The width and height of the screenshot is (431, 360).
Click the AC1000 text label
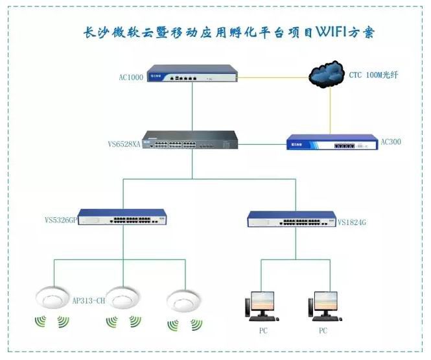[x=131, y=77]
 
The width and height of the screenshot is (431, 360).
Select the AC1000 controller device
[x=192, y=73]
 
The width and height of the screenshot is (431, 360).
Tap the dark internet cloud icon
[x=327, y=74]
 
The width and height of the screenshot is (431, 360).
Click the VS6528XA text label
[x=124, y=144]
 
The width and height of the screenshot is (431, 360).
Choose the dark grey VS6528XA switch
[x=190, y=139]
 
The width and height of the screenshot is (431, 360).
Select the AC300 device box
[x=332, y=142]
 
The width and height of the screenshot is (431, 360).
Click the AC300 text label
[x=391, y=142]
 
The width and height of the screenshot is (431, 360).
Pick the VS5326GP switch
[x=122, y=217]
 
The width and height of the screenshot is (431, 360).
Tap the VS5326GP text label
[x=61, y=220]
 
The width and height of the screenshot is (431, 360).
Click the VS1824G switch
[x=292, y=219]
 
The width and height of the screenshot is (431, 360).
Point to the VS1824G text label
[x=352, y=222]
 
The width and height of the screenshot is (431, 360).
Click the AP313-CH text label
[x=89, y=300]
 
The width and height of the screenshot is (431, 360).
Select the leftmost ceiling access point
[x=52, y=298]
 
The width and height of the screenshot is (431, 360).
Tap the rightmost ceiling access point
[x=184, y=300]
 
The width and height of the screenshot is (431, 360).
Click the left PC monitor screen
[x=262, y=301]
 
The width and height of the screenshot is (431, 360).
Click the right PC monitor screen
[x=326, y=301]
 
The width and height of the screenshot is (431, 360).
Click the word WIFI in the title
[x=331, y=32]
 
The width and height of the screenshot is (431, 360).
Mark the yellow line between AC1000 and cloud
[x=273, y=77]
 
